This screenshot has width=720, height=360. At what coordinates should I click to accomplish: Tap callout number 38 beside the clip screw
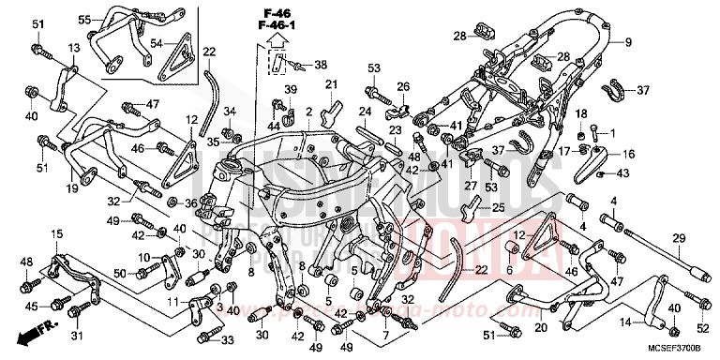322,66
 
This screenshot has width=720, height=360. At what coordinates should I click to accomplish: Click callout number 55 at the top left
84,20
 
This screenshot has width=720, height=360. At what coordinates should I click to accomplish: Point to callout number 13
73,47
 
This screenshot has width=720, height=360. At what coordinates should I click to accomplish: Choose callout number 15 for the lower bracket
55,233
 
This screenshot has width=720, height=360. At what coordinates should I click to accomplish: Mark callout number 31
78,337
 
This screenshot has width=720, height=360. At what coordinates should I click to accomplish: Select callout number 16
627,154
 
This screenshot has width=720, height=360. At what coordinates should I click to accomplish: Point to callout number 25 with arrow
499,208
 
